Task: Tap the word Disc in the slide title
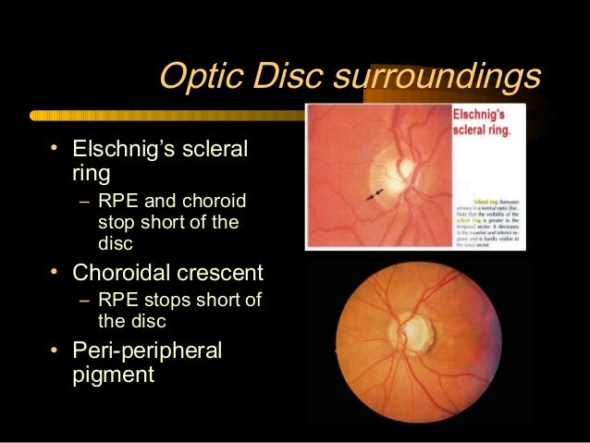[x=281, y=77]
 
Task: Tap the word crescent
[x=228, y=274]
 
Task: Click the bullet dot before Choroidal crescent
[x=56, y=272]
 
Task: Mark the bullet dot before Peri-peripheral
[x=56, y=351]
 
